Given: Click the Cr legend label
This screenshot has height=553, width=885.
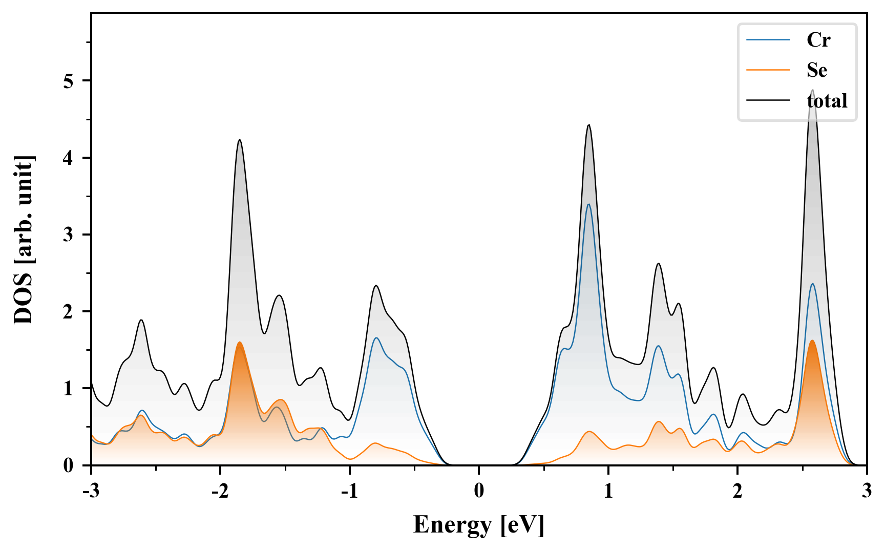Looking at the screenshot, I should click(x=818, y=40).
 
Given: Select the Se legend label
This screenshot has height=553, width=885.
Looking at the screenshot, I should click(x=816, y=70).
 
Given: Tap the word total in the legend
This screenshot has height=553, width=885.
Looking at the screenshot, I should click(x=827, y=100).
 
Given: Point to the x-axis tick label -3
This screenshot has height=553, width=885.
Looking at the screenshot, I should click(x=91, y=491).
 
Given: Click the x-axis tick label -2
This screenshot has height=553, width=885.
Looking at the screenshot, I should click(x=220, y=491).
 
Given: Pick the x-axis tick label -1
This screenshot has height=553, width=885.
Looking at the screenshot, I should click(x=349, y=491).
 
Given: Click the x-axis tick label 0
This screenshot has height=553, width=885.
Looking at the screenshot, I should click(x=479, y=491).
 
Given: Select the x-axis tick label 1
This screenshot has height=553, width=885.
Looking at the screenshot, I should click(x=608, y=491).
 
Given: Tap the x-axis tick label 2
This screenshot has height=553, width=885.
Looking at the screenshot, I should click(x=737, y=491).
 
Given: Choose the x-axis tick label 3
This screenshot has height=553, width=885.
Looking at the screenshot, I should click(x=867, y=491).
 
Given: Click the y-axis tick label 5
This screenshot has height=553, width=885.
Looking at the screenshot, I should click(x=68, y=81).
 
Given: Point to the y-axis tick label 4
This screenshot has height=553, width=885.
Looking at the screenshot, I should click(x=68, y=158).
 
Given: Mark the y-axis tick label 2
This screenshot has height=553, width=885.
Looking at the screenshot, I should click(x=68, y=312).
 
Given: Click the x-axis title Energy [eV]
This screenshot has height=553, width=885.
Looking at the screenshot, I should click(x=479, y=525).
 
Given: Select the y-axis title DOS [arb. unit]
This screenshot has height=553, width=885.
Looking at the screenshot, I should click(x=24, y=239).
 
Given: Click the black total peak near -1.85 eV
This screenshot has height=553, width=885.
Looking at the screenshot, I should click(x=239, y=140).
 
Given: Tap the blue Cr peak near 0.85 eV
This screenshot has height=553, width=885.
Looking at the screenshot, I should click(x=588, y=204).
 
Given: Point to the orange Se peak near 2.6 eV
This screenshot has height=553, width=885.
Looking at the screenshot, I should click(x=812, y=341).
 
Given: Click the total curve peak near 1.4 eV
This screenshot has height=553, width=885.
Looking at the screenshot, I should click(x=659, y=264).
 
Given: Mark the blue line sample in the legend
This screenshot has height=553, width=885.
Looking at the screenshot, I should click(x=768, y=40).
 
